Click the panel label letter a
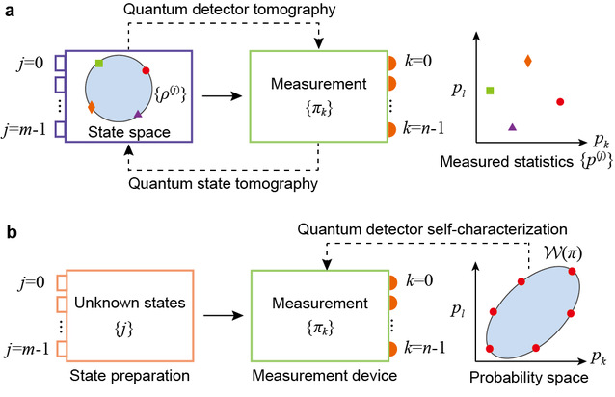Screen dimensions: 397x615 (9, 10)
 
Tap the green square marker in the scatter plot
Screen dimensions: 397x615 (491, 91)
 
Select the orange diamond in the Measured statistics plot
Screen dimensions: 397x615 (527, 62)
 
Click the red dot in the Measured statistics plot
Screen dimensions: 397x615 (560, 100)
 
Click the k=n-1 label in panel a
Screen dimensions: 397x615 (421, 128)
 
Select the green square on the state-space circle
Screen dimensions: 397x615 (99, 64)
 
